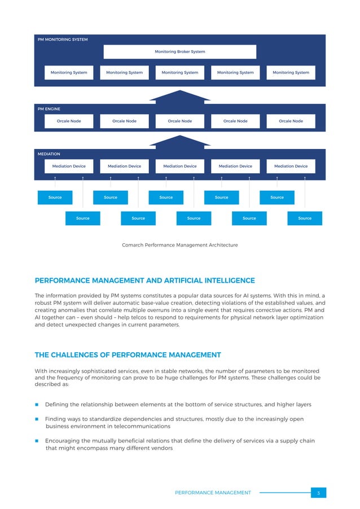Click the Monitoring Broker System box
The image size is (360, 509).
pyautogui.click(x=179, y=51)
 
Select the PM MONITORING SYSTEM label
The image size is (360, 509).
pyautogui.click(x=63, y=40)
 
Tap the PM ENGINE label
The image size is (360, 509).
pyautogui.click(x=49, y=108)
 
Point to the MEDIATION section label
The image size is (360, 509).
pyautogui.click(x=49, y=153)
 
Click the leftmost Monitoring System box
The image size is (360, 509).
pyautogui.click(x=69, y=72)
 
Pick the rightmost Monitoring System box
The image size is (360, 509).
pyautogui.click(x=291, y=72)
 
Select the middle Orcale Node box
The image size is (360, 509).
pyautogui.click(x=179, y=121)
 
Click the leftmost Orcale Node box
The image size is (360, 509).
pyautogui.click(x=69, y=121)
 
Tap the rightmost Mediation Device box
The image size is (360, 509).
pyautogui.click(x=291, y=166)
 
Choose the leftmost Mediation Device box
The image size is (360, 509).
pyautogui.click(x=69, y=166)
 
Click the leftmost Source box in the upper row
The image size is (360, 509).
pyautogui.click(x=55, y=198)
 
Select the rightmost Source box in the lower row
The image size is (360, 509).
pyautogui.click(x=305, y=218)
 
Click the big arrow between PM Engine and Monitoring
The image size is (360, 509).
pyautogui.click(x=179, y=96)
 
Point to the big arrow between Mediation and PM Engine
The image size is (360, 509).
pyautogui.click(x=179, y=140)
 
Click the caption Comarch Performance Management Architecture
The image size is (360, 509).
pyautogui.click(x=179, y=245)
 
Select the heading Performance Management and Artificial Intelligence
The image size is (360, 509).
pyautogui.click(x=145, y=280)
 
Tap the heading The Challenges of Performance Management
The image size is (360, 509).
pyautogui.click(x=128, y=355)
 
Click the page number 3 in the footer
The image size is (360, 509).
pyautogui.click(x=318, y=493)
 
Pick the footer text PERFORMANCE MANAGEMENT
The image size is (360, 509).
pyautogui.click(x=213, y=493)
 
